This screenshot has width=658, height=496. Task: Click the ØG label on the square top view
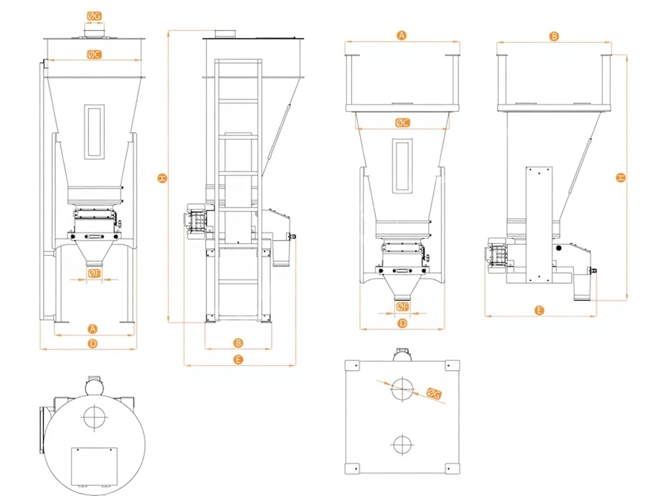click(434, 393)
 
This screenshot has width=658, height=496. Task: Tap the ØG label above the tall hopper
click(94, 16)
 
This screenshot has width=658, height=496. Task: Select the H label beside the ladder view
click(162, 179)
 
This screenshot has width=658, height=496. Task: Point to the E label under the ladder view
click(238, 360)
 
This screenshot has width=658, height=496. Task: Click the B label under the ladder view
click(238, 343)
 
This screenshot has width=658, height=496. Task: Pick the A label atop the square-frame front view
click(402, 36)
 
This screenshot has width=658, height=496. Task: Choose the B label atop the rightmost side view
click(554, 36)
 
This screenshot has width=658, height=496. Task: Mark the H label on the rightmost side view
click(620, 178)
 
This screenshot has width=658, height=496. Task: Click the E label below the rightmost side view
click(539, 310)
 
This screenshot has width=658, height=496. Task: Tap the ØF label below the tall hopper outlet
click(94, 273)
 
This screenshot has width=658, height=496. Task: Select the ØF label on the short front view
click(402, 307)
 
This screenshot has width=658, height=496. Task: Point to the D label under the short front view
click(402, 324)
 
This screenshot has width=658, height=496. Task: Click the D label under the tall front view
click(94, 343)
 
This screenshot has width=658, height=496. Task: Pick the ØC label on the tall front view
click(94, 55)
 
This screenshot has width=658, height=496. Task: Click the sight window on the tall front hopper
click(94, 131)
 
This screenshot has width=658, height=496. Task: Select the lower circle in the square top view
click(402, 444)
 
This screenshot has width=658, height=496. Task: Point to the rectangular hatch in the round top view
click(94, 467)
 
